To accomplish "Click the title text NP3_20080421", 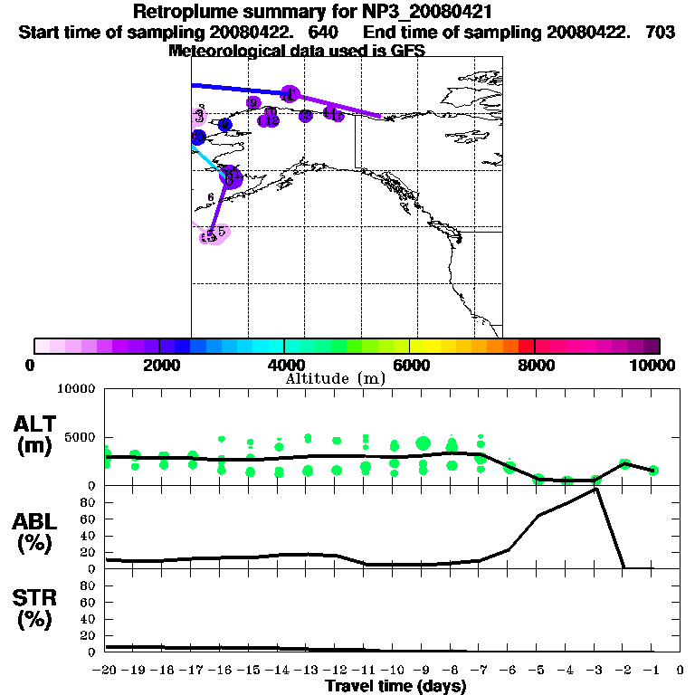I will coord(429,13).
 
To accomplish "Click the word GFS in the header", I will coord(406,51).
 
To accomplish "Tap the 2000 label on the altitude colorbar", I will coord(158,365).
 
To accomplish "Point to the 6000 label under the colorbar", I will coord(409,365).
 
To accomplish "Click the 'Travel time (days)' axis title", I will coord(395,686).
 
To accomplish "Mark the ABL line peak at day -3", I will coord(595,489).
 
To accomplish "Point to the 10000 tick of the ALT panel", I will coord(76,389).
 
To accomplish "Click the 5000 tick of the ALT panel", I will coord(80,437).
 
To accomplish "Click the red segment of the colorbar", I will coord(527,346).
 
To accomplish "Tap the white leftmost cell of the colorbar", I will coord(42,346).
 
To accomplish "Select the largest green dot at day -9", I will coord(423,443).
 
